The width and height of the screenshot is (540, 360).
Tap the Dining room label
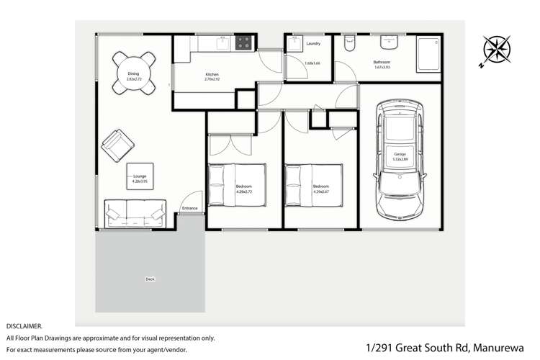pos(133,75)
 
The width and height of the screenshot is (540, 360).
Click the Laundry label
pos(312,44)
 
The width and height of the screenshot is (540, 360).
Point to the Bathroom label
pos(382,64)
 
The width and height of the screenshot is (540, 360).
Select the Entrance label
pos(189,208)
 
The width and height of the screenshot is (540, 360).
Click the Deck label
pos(150,279)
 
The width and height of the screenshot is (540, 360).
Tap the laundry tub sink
pos(295,44)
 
